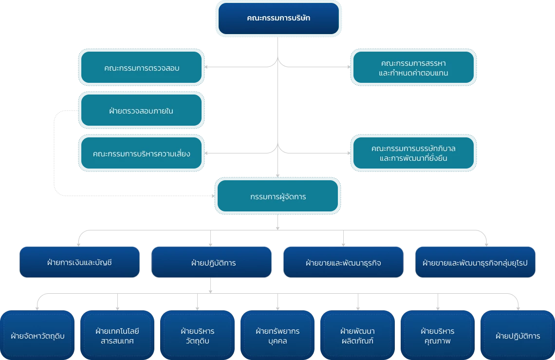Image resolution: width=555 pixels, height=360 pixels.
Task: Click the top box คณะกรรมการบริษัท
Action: tap(278, 19)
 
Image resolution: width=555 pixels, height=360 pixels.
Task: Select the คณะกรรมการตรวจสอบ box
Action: tap(141, 68)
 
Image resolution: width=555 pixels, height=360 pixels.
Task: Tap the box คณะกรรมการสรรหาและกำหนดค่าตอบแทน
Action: tap(413, 68)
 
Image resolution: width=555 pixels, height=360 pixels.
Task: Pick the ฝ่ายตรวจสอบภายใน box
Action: tap(141, 111)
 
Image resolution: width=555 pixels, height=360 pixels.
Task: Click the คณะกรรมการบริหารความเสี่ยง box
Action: tap(141, 153)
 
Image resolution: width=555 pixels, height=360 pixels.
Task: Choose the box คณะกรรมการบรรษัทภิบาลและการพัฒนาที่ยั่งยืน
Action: tap(413, 153)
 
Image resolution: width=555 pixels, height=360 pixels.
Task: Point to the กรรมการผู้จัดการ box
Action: tap(278, 197)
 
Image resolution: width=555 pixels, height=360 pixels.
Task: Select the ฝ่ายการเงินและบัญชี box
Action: tap(79, 263)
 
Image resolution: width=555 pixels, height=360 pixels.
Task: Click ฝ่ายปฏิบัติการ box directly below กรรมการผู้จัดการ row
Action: tap(212, 263)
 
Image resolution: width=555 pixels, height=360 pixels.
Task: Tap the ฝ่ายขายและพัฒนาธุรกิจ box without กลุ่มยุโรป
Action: tap(344, 263)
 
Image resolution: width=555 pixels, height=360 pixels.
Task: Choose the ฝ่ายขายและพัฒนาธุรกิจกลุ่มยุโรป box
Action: tap(476, 263)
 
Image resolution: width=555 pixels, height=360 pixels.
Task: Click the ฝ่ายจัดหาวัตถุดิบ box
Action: tap(37, 336)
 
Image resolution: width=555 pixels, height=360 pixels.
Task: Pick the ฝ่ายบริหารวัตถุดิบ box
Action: tap(198, 336)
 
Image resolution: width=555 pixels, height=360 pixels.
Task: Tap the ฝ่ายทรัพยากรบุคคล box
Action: tap(277, 336)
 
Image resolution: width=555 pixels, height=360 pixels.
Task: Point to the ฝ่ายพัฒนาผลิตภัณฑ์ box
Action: tap(357, 336)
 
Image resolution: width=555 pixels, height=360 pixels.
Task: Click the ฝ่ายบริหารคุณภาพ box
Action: tap(437, 336)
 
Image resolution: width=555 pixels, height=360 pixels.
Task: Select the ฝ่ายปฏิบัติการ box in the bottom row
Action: tap(517, 336)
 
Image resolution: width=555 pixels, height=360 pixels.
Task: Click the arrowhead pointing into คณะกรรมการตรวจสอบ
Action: tap(208, 68)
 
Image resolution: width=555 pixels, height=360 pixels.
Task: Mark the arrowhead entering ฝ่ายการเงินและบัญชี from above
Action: tap(79, 244)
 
